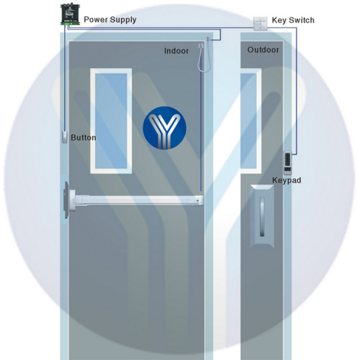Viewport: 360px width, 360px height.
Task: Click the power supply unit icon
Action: click(70, 14)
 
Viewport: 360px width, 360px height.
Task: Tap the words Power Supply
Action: click(110, 20)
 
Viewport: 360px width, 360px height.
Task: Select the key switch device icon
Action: click(261, 24)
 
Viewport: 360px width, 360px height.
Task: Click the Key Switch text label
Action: click(293, 20)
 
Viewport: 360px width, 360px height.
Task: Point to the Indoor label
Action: click(176, 51)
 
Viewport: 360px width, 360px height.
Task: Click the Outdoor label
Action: click(263, 50)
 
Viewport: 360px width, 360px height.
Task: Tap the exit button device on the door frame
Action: click(65, 137)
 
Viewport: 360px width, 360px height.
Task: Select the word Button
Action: click(83, 138)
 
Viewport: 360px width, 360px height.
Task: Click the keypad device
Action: click(288, 162)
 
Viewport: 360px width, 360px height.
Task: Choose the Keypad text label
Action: click(287, 180)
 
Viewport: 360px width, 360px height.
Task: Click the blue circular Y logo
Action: click(164, 128)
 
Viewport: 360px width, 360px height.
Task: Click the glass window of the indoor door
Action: click(111, 121)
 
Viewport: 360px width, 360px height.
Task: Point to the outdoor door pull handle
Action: click(262, 216)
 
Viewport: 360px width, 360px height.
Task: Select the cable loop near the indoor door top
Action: click(202, 58)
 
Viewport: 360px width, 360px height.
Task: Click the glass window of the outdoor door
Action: click(249, 121)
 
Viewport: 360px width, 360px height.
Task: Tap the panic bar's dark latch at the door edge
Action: click(66, 200)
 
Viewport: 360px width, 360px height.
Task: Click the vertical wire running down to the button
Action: click(65, 78)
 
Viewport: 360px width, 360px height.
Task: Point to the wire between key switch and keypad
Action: click(296, 91)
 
